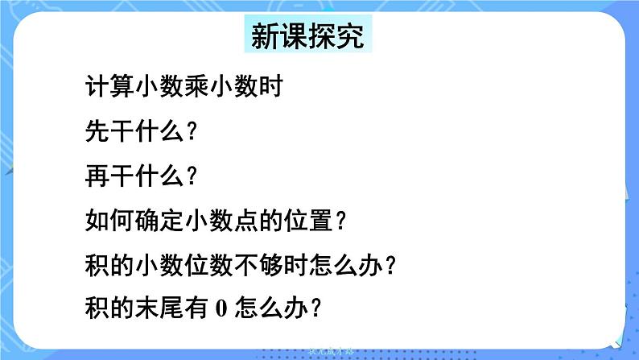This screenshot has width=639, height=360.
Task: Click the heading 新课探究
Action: [x=307, y=36]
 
